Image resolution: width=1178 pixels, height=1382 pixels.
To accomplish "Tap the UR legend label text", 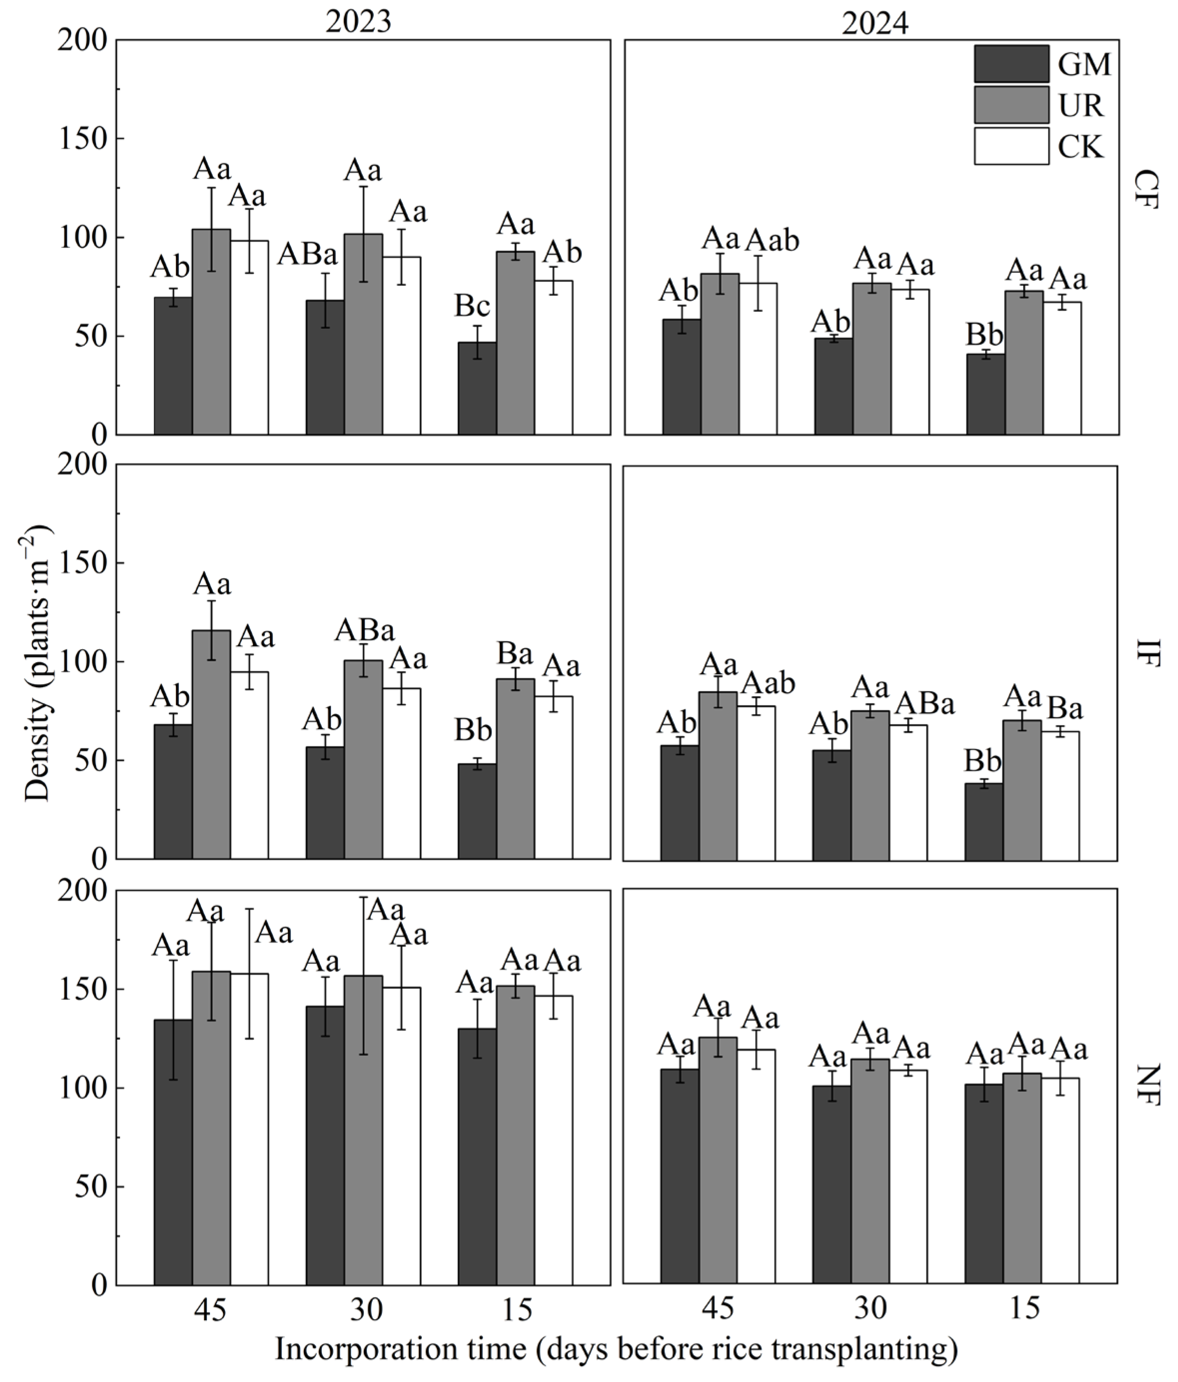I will (x=1081, y=105).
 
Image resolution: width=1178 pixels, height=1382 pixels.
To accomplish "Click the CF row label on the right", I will (x=1146, y=191).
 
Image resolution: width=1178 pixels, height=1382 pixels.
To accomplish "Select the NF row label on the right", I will (x=1146, y=1084).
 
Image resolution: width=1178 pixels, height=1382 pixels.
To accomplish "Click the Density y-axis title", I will (x=38, y=664).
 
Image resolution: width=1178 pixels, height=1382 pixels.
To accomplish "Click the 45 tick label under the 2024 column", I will (x=718, y=1309).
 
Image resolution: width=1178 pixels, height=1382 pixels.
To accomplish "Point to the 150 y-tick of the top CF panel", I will (x=83, y=139).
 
